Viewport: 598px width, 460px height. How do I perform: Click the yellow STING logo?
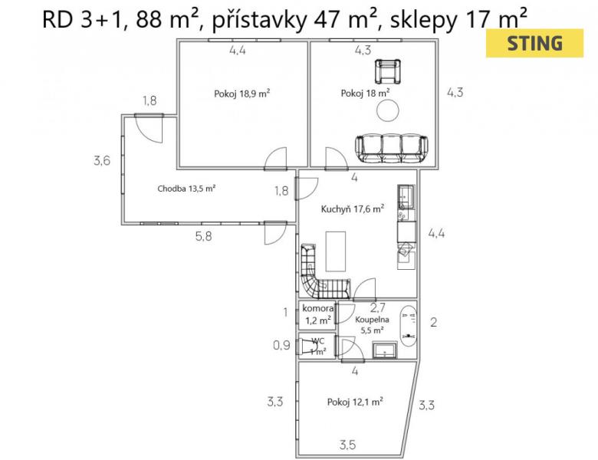(x=534, y=43)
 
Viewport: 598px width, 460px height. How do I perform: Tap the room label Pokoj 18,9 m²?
(x=242, y=94)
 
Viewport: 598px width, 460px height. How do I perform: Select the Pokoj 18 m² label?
(x=365, y=93)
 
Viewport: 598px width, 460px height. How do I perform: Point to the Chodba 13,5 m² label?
(x=187, y=189)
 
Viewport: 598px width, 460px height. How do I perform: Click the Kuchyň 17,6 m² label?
(x=353, y=209)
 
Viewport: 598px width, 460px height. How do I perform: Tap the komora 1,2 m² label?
(x=318, y=314)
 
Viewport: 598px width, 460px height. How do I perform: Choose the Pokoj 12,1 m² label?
(x=355, y=402)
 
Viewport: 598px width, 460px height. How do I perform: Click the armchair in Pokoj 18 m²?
(x=388, y=71)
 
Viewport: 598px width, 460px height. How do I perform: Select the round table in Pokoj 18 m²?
(x=388, y=110)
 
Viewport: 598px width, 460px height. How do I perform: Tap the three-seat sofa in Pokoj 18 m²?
(x=392, y=148)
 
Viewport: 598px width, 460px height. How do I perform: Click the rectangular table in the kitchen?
(x=336, y=251)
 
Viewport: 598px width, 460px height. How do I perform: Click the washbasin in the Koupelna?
(x=384, y=350)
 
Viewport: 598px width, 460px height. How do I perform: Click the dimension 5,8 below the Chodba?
(x=204, y=236)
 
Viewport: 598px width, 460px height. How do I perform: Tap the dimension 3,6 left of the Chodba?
(x=102, y=160)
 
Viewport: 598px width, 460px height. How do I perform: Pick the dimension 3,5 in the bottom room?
(x=348, y=445)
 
